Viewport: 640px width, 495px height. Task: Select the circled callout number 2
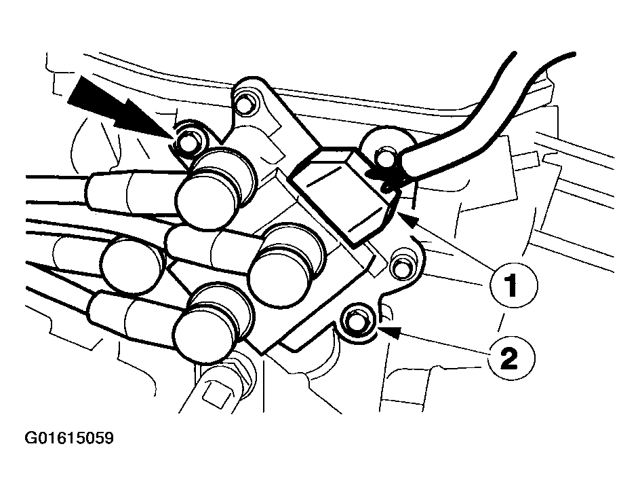click(510, 359)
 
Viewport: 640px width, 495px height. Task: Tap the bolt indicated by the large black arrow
click(188, 141)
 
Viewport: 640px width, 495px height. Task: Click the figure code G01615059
click(69, 439)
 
